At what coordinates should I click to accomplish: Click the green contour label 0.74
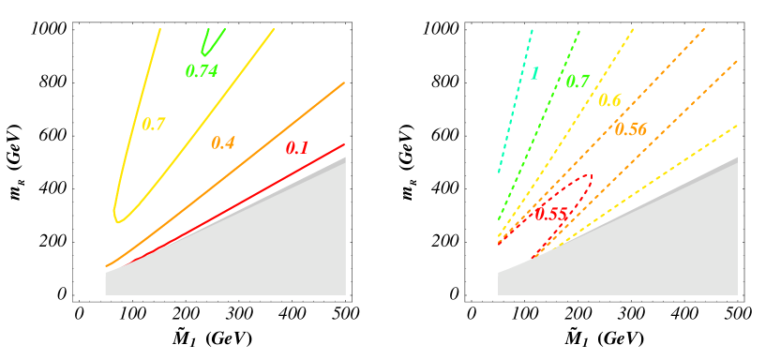(202, 70)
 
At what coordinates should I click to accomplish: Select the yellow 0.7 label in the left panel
(153, 124)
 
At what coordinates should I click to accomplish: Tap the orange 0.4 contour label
(223, 142)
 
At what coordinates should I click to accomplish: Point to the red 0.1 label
(297, 147)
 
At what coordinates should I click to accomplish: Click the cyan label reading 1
(534, 73)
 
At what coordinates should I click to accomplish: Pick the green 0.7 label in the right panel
(578, 82)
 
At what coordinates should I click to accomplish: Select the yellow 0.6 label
(609, 100)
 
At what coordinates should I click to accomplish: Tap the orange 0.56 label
(631, 129)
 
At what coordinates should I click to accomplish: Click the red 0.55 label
(551, 214)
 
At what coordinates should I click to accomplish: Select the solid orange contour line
(281, 127)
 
